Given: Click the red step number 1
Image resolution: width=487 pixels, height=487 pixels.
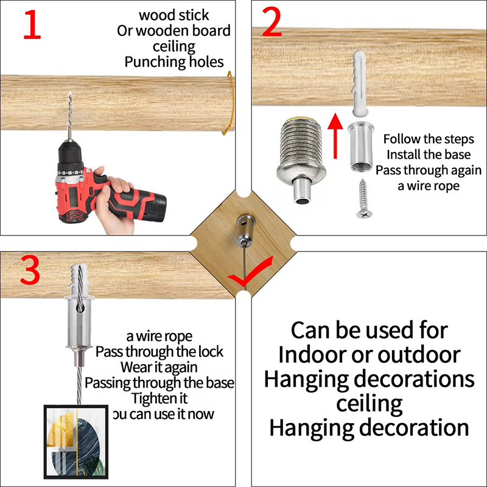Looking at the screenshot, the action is pyautogui.click(x=32, y=24).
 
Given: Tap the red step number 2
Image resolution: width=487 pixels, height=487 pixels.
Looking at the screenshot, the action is pyautogui.click(x=272, y=22).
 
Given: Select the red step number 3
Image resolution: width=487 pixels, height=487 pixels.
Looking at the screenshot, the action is pyautogui.click(x=30, y=270).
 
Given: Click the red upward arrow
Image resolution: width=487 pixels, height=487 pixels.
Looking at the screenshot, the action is pyautogui.click(x=335, y=136).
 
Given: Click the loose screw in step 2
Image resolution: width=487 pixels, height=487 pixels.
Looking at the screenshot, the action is pyautogui.click(x=363, y=199).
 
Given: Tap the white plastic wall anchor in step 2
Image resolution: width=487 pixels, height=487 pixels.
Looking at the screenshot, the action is pyautogui.click(x=360, y=84).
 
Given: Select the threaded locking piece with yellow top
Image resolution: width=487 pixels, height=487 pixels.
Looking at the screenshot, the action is pyautogui.click(x=301, y=160).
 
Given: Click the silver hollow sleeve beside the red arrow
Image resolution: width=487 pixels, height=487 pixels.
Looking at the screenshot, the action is pyautogui.click(x=361, y=147).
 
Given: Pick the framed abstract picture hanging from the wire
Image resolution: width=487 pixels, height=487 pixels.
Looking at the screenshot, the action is pyautogui.click(x=76, y=442).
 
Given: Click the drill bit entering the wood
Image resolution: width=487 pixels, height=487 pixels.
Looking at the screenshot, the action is pyautogui.click(x=70, y=116).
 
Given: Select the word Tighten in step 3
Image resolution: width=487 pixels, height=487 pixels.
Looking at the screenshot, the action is pyautogui.click(x=148, y=399).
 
